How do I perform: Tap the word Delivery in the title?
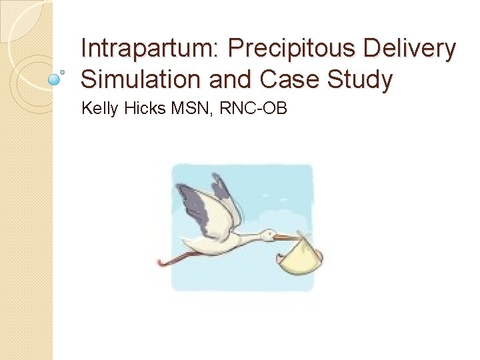(406, 49)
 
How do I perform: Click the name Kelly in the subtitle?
(99, 107)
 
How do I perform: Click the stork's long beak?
(288, 237)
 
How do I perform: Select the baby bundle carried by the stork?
(301, 257)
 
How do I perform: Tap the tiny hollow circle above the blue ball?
(62, 69)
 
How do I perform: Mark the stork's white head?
(267, 235)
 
